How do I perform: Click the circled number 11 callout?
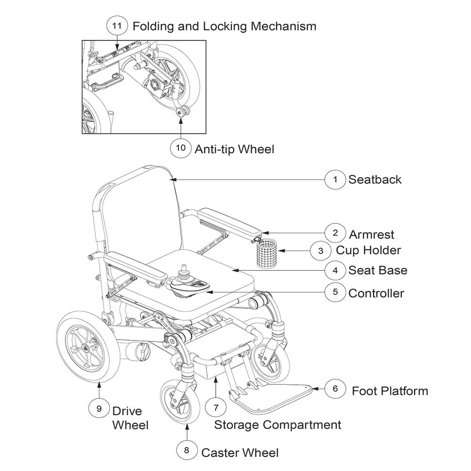117,26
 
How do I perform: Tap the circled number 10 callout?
181,147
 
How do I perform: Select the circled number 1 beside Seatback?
335,179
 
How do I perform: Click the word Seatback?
375,179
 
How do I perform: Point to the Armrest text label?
371,234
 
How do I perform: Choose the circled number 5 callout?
335,292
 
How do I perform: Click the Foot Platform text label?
390,391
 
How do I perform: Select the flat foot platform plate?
278,396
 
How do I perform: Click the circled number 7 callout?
216,406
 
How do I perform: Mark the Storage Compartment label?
277,424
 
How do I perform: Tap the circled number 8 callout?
187,450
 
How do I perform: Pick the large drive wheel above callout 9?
86,348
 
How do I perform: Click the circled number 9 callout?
99,408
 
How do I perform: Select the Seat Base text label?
378,270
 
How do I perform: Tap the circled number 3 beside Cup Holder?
321,251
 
